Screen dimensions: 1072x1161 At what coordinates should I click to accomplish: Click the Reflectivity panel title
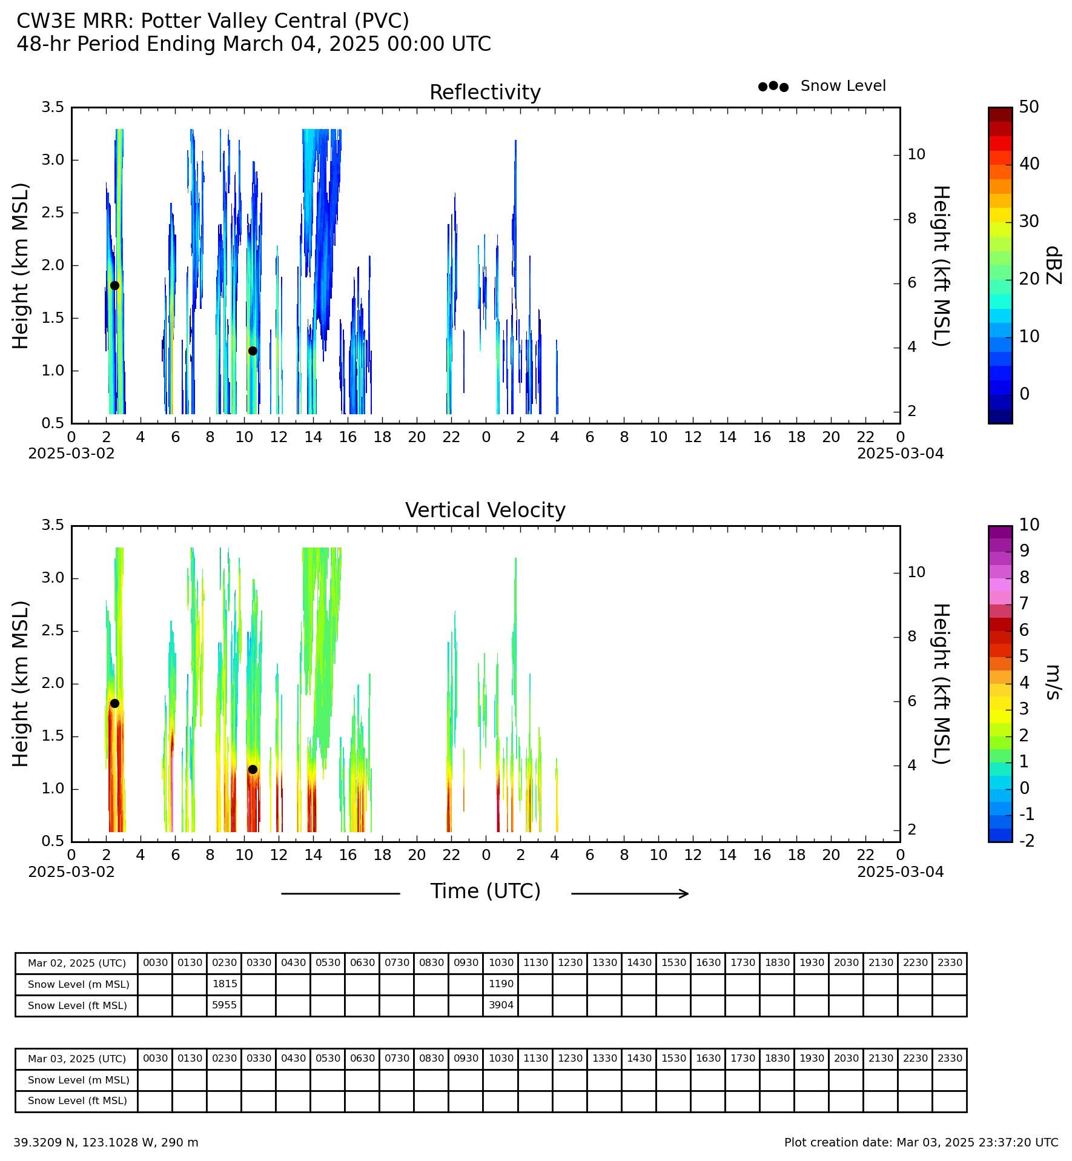click(485, 93)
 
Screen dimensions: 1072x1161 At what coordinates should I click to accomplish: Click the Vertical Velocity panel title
click(485, 511)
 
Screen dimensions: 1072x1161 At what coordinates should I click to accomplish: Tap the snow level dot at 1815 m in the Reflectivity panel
click(114, 286)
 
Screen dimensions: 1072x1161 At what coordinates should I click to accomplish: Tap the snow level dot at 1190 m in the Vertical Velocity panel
click(253, 770)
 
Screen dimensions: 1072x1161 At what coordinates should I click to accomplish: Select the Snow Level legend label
click(843, 86)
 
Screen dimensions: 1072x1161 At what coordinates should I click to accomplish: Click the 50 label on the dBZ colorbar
click(1028, 107)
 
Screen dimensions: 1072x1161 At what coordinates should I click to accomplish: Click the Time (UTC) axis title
click(485, 891)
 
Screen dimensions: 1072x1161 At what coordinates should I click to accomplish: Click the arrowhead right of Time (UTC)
click(685, 893)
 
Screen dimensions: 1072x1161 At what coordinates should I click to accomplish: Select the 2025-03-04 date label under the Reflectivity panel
click(900, 454)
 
